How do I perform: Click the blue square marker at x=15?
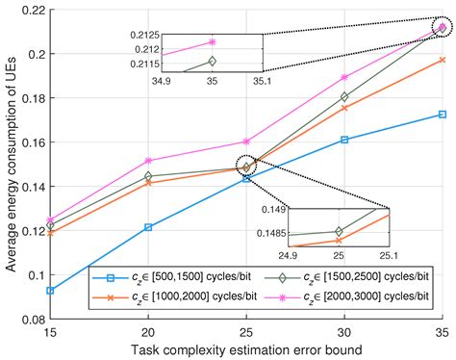[x=49, y=290]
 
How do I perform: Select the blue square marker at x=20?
[x=147, y=227]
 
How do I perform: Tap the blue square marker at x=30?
[x=343, y=140]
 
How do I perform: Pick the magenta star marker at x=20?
[x=147, y=161]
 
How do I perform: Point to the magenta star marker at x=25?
[x=245, y=141]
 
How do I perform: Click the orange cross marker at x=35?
[x=442, y=60]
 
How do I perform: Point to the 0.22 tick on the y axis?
[x=49, y=10]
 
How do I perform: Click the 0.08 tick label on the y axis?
[x=31, y=319]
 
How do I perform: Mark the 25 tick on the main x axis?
[x=245, y=319]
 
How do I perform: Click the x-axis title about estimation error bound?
[x=245, y=347]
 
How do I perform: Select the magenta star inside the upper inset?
[x=213, y=42]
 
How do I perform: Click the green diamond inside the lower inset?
[x=338, y=231]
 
